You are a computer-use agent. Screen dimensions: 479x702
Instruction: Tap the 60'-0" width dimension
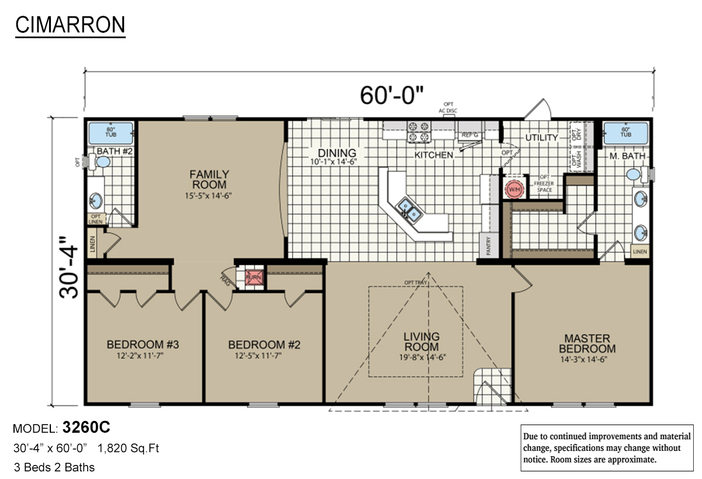click(391, 95)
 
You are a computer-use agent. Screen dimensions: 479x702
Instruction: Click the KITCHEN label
click(433, 155)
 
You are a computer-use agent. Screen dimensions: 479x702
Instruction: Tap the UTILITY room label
click(541, 138)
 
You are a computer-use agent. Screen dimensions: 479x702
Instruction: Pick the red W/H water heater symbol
click(514, 190)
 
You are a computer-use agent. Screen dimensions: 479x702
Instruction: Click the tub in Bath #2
click(111, 133)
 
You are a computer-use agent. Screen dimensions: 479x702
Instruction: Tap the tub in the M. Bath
click(626, 133)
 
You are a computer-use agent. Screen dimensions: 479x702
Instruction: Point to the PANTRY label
click(488, 246)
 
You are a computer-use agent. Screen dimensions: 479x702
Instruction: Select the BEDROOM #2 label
click(264, 344)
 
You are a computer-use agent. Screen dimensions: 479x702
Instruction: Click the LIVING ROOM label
click(421, 341)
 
